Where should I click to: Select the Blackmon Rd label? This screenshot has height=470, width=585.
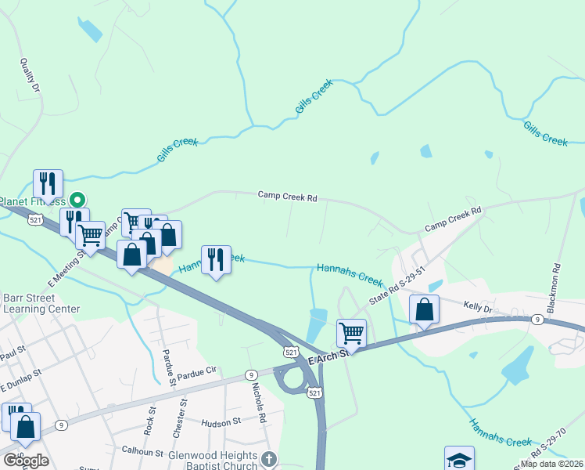tap(556, 287)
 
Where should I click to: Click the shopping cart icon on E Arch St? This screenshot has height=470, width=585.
tap(352, 333)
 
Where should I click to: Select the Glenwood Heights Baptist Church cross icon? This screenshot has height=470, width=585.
tap(269, 460)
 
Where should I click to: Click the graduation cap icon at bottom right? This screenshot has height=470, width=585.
tap(459, 459)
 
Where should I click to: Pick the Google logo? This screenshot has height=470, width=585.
tap(26, 460)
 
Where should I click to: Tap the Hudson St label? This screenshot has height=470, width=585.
tap(221, 422)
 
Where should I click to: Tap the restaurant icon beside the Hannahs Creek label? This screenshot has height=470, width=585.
tap(216, 259)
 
